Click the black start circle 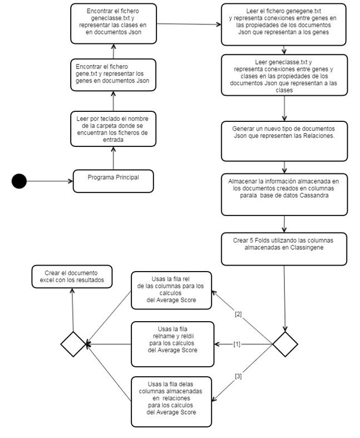click(19, 181)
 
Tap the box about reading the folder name click(114, 129)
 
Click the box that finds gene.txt click(114, 76)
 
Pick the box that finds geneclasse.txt click(114, 22)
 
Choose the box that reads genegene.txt click(284, 24)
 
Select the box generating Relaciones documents click(284, 141)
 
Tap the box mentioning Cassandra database click(284, 195)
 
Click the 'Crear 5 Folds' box click(284, 248)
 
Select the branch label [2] click(238, 314)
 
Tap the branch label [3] click(238, 377)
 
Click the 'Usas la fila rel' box click(171, 290)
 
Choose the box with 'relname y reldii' click(172, 344)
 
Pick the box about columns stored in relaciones click(171, 402)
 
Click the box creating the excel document click(72, 277)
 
